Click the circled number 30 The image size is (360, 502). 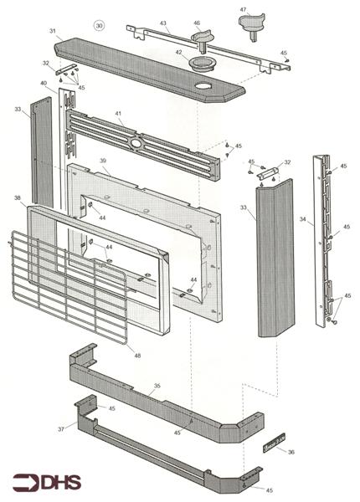coord(100,26)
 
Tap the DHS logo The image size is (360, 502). coord(47,483)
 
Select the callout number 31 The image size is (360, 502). coord(53,31)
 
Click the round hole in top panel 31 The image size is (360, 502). coord(203,86)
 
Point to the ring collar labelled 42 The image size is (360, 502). coord(201,64)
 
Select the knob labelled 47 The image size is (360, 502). coord(252,26)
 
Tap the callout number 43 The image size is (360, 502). coord(163,23)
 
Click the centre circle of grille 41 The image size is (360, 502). coord(137,144)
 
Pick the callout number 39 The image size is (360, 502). coord(103,161)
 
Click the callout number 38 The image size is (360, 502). coord(18,197)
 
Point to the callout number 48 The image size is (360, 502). coord(137,356)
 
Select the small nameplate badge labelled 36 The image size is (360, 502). coord(274,443)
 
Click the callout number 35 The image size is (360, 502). coord(157,386)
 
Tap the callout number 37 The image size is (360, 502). coord(61,429)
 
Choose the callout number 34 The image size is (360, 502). coord(303,219)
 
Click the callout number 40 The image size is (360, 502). coord(44,83)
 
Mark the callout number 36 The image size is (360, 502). coord(291,452)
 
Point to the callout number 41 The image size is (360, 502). coord(119,113)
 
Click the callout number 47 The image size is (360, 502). coord(243,9)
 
